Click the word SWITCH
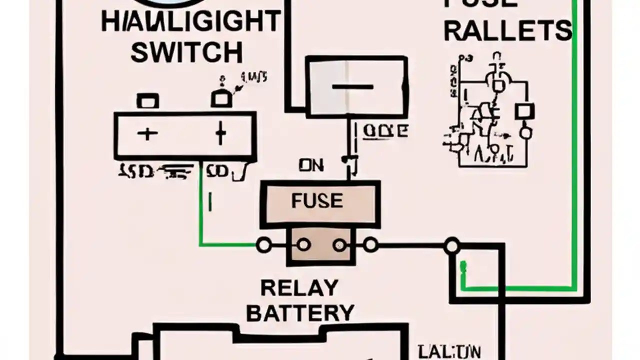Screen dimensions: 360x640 click(186, 52)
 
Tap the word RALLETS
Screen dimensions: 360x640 click(507, 31)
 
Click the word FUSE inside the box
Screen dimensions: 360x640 click(317, 201)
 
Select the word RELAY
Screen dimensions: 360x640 click(299, 288)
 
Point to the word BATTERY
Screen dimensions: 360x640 click(300, 313)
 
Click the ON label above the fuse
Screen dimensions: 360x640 click(311, 165)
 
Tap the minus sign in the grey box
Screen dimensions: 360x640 click(352, 87)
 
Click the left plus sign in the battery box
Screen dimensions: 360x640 click(147, 133)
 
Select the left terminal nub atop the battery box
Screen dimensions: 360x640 click(147, 101)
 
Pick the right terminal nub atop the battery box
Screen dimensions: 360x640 click(220, 98)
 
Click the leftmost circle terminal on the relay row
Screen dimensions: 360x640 click(263, 245)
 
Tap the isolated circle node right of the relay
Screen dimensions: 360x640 click(452, 245)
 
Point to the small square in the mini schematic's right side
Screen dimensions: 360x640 click(524, 111)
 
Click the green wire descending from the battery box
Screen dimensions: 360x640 click(200, 210)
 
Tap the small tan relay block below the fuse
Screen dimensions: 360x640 click(321, 246)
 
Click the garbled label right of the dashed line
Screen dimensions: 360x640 click(385, 131)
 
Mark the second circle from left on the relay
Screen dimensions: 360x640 click(303, 245)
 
